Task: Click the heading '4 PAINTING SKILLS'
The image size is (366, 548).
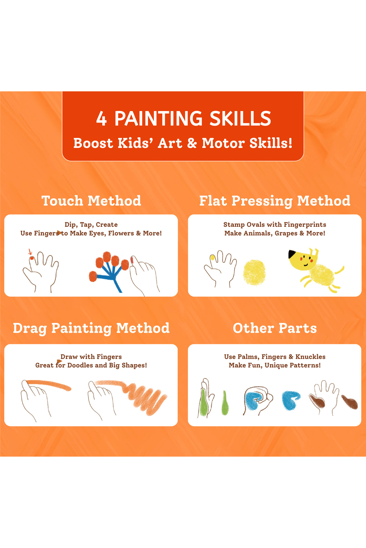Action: coord(184,118)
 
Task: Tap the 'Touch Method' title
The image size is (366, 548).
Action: coord(91,201)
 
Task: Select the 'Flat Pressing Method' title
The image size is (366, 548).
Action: coord(275,201)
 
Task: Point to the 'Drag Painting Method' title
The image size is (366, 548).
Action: coord(91,328)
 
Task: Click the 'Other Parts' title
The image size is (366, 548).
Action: coord(275,328)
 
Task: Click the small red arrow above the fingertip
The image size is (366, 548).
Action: coord(30,252)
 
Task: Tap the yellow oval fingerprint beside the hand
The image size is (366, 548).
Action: coord(254,272)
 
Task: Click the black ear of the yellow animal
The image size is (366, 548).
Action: coord(292,254)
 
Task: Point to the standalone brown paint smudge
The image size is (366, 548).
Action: coord(350,402)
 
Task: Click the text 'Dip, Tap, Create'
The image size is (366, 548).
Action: coord(91,225)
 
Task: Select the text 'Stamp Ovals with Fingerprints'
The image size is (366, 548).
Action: coord(275,225)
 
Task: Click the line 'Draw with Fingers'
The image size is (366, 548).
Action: coord(91,357)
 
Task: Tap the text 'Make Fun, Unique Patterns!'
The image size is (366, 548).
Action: coord(275,365)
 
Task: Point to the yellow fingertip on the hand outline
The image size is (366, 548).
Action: coord(213,258)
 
